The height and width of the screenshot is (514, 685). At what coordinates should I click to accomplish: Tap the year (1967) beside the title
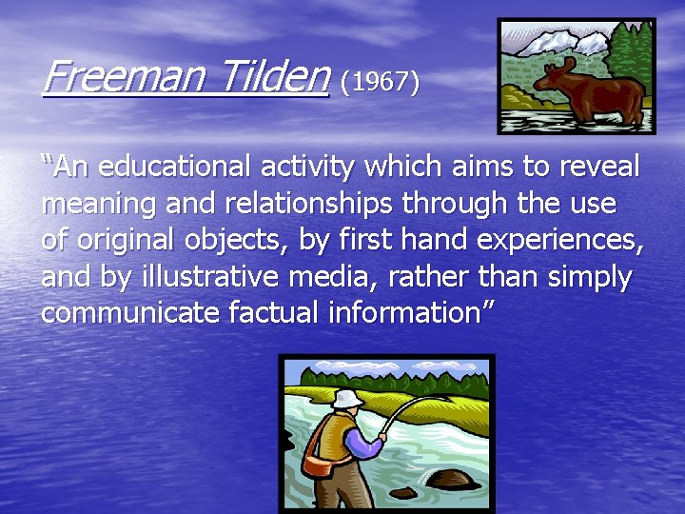[380, 83]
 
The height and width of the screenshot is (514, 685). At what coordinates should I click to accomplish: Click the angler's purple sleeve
[365, 439]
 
